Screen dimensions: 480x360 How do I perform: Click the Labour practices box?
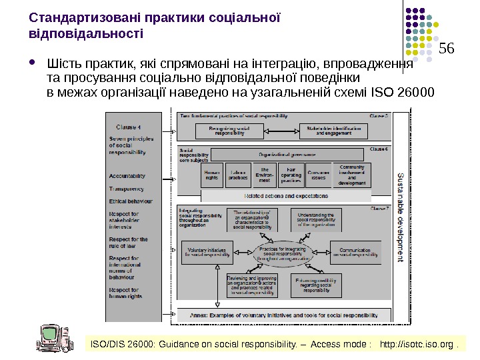click(237, 175)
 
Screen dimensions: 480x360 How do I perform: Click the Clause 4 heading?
click(129, 127)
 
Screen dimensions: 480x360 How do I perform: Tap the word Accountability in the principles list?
click(127, 176)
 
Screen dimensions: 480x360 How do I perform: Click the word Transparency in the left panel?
click(127, 189)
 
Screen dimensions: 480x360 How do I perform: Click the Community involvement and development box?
click(352, 175)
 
